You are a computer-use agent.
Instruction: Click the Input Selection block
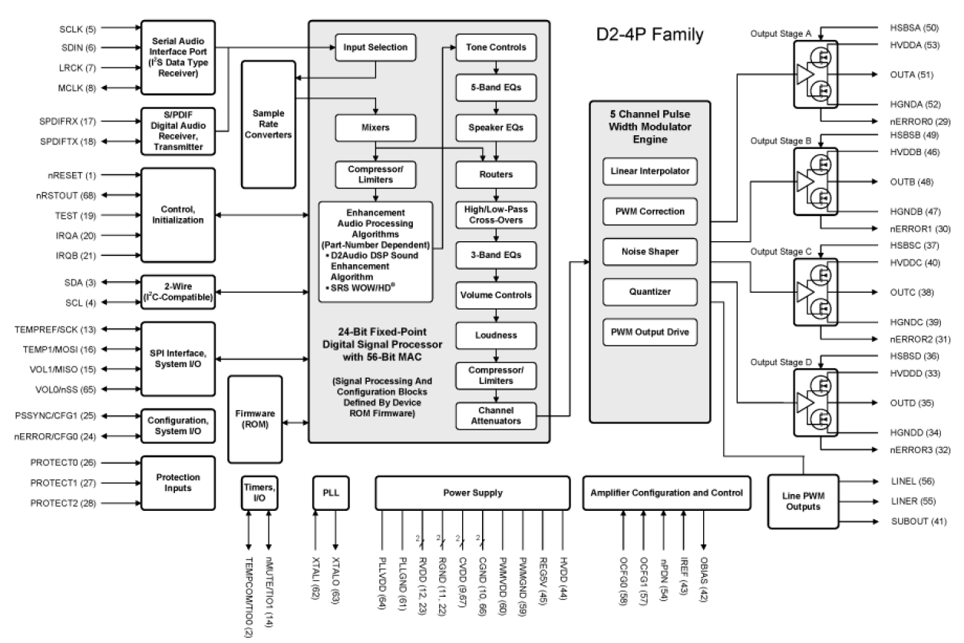tap(375, 48)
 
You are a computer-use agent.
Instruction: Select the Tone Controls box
tap(496, 48)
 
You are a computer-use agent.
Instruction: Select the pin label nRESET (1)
tap(75, 174)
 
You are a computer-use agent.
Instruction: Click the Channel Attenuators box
tap(496, 416)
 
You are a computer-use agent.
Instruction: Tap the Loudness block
tap(496, 336)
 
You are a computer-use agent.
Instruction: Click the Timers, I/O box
tap(257, 493)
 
